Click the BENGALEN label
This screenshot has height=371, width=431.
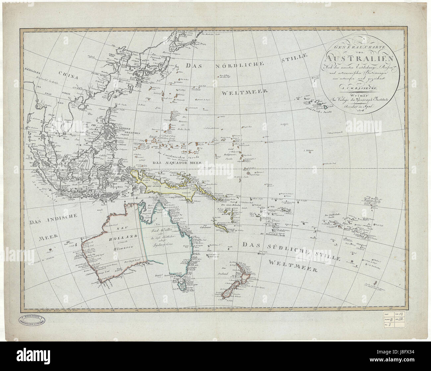point(34,70)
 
